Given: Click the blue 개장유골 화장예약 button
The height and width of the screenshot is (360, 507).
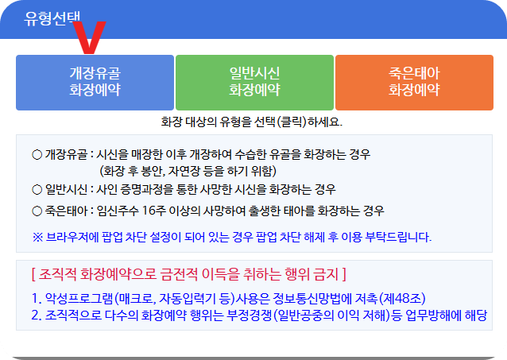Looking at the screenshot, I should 95,82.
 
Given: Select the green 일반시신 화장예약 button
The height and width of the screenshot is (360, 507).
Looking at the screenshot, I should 254,82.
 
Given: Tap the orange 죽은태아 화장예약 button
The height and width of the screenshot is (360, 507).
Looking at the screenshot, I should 413,82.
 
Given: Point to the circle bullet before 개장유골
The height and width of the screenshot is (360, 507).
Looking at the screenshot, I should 37,154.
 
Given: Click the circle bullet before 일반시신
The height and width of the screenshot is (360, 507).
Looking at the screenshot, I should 37,189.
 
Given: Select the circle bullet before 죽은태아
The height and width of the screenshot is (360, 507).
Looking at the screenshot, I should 37,211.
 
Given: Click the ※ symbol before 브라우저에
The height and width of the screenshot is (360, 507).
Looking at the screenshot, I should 37,237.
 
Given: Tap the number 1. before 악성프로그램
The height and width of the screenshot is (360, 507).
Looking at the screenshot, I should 37,299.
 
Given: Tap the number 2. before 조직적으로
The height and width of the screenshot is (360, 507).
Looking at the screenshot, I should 37,315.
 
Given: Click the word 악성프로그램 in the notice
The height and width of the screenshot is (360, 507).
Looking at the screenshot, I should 79,299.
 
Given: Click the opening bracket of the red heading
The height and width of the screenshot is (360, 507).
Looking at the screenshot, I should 33,275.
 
